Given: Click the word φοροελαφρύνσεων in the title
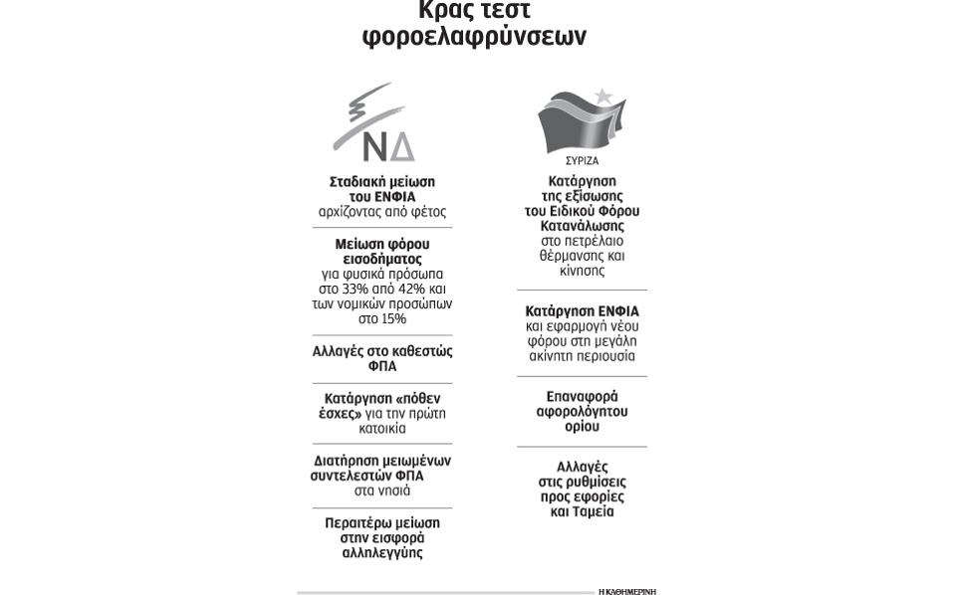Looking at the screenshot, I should point(474,37).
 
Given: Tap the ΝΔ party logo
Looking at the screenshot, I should point(376,124).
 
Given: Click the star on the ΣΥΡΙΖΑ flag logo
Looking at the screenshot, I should point(602,97).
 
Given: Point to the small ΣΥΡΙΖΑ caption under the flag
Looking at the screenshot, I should point(582,160).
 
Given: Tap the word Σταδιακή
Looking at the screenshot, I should point(359,182).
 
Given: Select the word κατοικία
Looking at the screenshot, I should point(382,429).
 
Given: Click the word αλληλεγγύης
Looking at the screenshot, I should point(382,552).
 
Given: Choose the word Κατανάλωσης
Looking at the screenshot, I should point(582,226).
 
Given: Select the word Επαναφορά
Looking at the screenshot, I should point(582,396).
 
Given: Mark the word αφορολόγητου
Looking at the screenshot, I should point(582,411).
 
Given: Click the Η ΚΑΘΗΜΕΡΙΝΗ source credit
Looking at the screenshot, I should point(626,591).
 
